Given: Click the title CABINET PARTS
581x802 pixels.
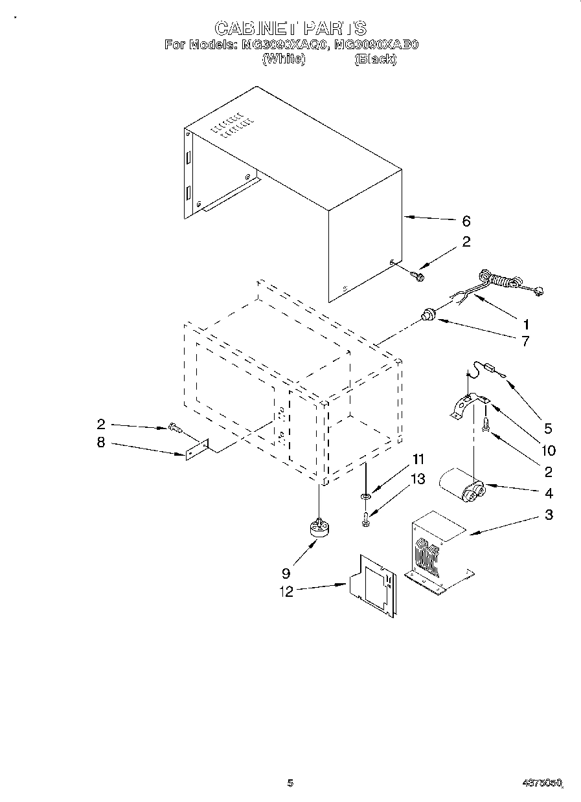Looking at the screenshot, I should [x=290, y=28].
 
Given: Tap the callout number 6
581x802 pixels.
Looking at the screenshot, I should [x=466, y=221].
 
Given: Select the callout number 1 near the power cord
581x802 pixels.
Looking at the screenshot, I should [x=527, y=324].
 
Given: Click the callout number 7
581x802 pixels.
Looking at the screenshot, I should [x=525, y=340].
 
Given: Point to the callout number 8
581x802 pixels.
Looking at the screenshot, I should [x=101, y=444].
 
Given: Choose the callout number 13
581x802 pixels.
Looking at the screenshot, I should [x=418, y=479].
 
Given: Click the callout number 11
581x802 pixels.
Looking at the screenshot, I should [x=418, y=460].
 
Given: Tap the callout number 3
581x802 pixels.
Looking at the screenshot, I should [x=548, y=515].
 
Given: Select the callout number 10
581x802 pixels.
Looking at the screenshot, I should [x=548, y=451].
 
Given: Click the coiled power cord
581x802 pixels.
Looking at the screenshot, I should [x=502, y=282].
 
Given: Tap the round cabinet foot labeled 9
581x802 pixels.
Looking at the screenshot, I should [x=319, y=528].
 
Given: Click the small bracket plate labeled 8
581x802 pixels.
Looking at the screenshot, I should [x=196, y=450].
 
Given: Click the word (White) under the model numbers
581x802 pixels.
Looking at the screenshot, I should [x=282, y=59].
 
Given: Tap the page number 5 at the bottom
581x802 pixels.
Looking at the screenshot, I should [x=290, y=783].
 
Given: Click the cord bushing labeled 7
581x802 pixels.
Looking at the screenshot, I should [x=427, y=316].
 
